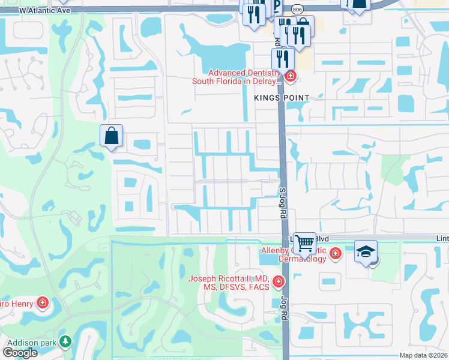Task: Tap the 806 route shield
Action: coord(298,10)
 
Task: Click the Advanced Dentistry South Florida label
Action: coord(237,76)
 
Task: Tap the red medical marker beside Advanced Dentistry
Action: coord(290,76)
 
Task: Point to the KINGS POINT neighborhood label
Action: coord(282,98)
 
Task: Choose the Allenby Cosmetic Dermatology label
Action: coord(294,254)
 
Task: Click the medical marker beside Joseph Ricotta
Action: coord(278,281)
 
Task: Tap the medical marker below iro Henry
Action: coord(43,302)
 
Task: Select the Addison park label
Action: coord(31,342)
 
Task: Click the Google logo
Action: coord(20,353)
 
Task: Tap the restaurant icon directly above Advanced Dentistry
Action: coord(282,58)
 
